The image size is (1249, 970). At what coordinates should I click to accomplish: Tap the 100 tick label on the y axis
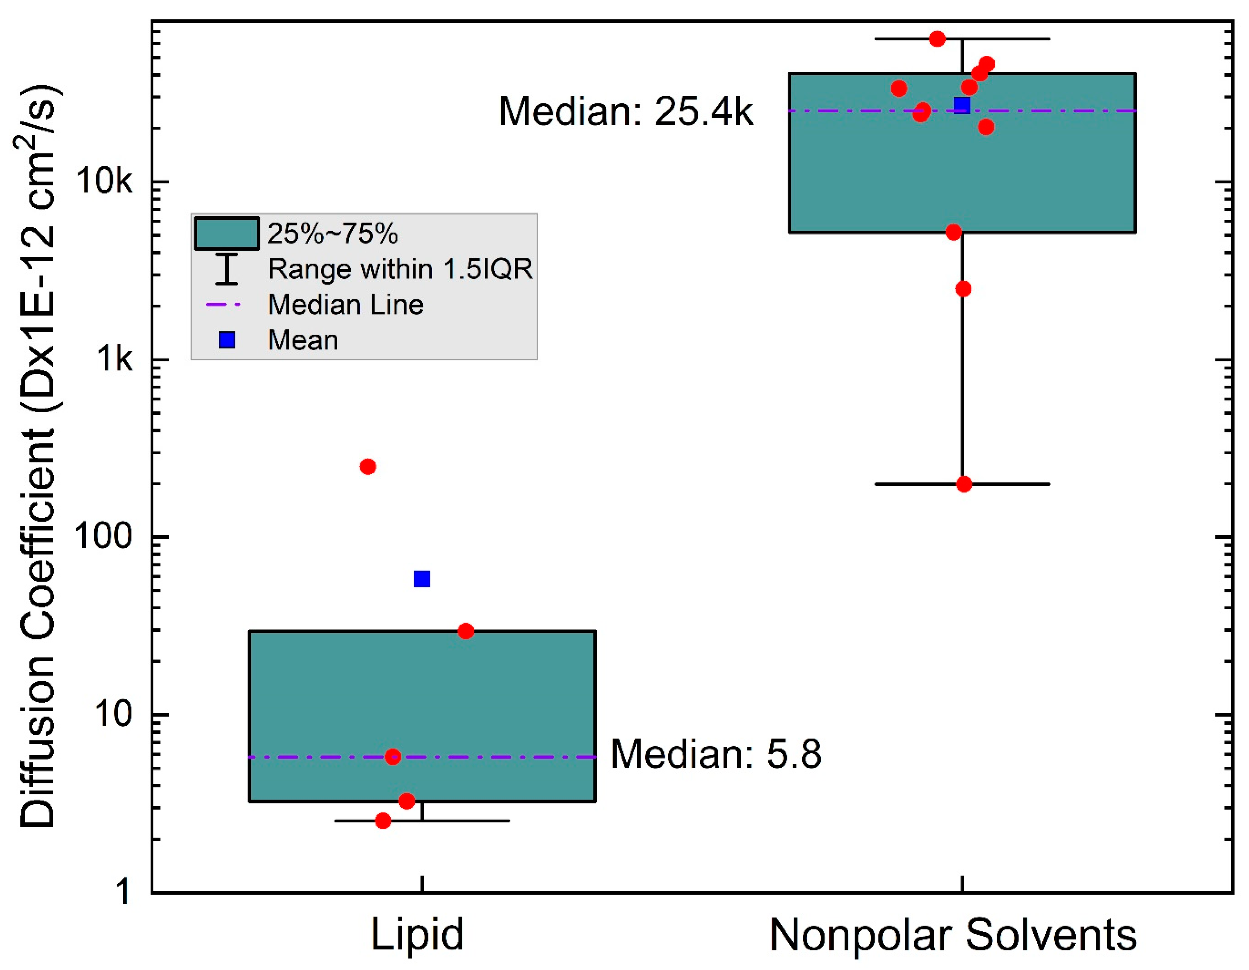[103, 537]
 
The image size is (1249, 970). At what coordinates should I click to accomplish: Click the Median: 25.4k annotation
[626, 111]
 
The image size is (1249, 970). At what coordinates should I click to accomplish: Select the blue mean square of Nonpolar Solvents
[962, 105]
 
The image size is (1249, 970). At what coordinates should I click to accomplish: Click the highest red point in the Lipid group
[368, 466]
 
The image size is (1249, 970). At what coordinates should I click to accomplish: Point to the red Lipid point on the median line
[392, 757]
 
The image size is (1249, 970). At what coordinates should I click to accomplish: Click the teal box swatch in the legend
[227, 233]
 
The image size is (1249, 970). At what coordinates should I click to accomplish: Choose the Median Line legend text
[345, 304]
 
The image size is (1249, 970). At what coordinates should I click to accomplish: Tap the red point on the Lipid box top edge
[466, 631]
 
